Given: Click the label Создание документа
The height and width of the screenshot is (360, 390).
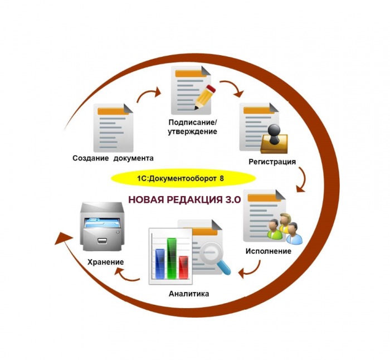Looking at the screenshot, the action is pos(113,158).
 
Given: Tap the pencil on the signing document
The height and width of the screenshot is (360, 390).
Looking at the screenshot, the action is pos(205,97).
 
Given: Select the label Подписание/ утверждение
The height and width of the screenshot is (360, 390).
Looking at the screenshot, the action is pos(193,127).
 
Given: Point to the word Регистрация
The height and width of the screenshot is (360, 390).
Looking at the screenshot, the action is pos(272,162).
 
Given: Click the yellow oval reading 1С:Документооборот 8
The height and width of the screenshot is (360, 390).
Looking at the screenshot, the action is pos(183,178).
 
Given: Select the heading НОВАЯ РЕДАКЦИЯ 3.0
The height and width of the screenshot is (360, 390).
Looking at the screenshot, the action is pos(184,200).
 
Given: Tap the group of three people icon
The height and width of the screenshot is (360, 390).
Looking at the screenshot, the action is pos(285,228).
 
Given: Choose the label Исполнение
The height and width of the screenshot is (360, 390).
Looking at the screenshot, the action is pos(269,251).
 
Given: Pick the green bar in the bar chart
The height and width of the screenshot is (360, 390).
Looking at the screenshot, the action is pos(172,258).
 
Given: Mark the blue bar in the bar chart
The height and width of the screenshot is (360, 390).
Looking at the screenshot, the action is pos(160,264).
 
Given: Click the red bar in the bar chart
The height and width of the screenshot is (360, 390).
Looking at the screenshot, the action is pos(183,267).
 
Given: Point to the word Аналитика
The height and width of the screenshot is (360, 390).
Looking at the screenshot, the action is pos(189,294).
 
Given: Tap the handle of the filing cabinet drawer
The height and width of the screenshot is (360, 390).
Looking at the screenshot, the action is pos(102,241).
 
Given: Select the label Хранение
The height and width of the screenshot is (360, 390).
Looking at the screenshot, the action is pos(105,262).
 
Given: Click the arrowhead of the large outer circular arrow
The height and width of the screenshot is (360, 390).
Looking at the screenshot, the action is pos(62,239).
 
